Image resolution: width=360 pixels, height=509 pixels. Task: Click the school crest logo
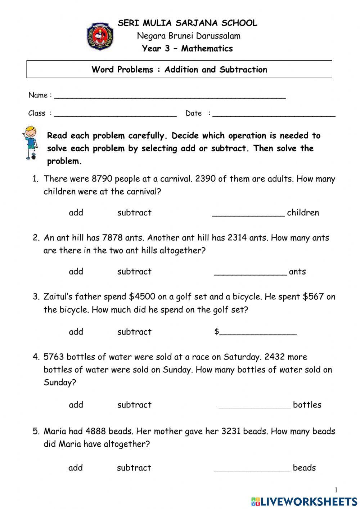coord(100,36)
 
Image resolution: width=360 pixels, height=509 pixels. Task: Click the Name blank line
coord(170,96)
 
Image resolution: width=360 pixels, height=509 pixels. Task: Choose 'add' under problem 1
coord(76,213)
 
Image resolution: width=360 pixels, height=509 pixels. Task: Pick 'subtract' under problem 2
coord(134,272)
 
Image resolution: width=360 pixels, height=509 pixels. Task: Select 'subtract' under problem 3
coord(134,332)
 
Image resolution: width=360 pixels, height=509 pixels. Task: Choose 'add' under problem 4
coord(76,405)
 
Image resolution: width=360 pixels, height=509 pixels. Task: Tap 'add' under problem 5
coord(76,468)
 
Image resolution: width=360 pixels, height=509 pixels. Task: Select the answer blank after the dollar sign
coord(258,333)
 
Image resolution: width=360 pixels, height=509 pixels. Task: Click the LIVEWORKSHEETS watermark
coord(304,501)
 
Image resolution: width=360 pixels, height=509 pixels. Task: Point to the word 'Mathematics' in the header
coord(207,49)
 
